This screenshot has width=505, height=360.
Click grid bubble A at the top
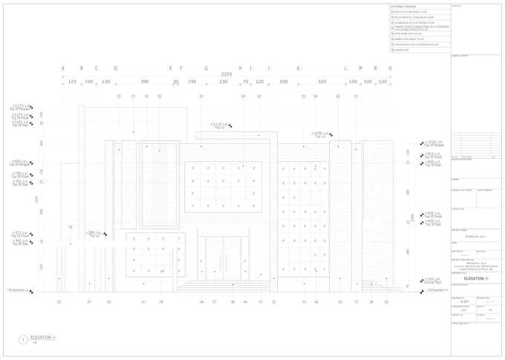coord(63,68)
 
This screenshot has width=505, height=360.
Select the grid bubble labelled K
coord(299,68)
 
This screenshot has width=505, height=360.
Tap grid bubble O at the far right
coord(390,68)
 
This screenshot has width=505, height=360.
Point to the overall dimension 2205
coord(227,74)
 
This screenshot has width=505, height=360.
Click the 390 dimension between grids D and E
coord(144,82)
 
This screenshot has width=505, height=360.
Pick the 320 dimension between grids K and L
coord(322,82)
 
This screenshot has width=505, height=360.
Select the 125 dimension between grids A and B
coord(72,82)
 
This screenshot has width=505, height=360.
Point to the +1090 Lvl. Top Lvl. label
coord(320,134)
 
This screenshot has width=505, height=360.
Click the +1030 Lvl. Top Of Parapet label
coord(434,143)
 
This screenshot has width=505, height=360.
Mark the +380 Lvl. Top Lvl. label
coord(94,234)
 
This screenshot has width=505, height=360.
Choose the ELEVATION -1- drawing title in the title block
coord(475,278)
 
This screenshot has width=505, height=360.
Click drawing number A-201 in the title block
coord(457,303)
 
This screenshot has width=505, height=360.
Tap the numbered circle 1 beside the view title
coord(23,340)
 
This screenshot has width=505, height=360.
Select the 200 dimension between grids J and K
coord(283,82)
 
